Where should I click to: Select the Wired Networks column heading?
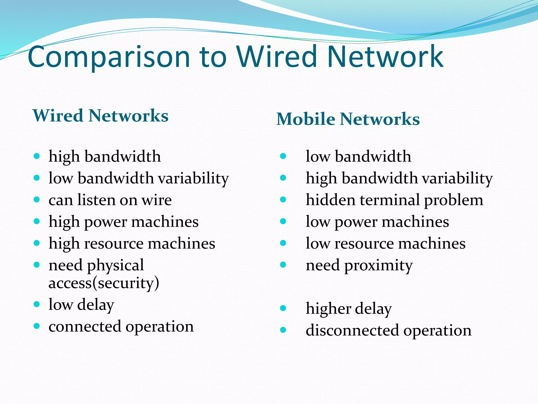tap(100, 116)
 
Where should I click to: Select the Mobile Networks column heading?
tap(348, 119)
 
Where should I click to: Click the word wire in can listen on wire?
tap(157, 200)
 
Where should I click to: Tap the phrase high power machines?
tap(123, 222)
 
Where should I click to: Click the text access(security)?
tap(104, 283)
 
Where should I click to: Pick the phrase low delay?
tap(81, 305)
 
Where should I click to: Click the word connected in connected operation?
tap(85, 326)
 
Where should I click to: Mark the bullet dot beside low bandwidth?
tap(283, 156)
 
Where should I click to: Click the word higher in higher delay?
tap(328, 309)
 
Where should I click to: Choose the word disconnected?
tap(353, 330)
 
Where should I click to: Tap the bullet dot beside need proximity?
tap(283, 265)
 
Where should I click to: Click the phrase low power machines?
tap(377, 222)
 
